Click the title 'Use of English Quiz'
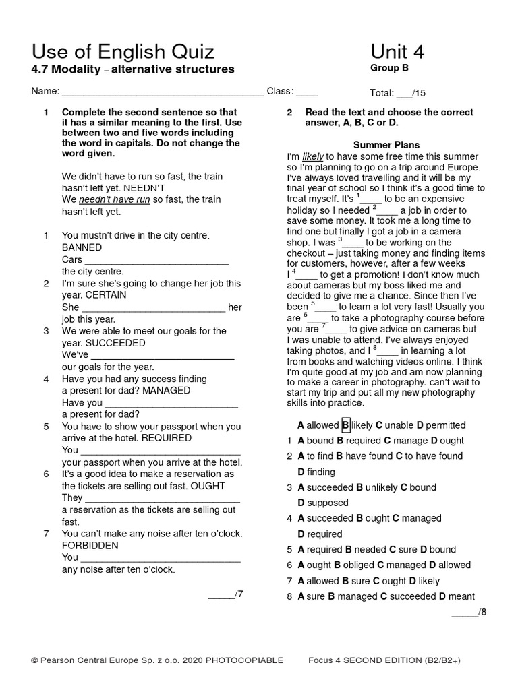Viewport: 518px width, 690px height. pos(123,51)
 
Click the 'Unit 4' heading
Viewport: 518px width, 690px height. pos(397,51)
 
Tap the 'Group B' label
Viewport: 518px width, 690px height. pos(389,67)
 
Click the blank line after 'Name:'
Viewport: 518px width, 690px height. pos(163,92)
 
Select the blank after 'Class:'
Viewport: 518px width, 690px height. pos(307,92)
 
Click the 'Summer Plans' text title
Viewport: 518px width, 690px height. pos(386,145)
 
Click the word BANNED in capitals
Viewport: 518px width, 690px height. pos(82,247)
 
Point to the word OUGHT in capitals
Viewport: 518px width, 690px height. pos(208,485)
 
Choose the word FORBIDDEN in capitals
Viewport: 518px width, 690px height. pos(90,545)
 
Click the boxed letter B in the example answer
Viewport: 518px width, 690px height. pos(345,425)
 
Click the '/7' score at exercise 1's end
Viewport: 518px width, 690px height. pos(226,594)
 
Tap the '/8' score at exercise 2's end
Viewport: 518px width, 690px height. pos(469,612)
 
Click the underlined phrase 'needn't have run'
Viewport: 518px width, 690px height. pos(114,200)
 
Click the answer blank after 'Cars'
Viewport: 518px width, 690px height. pos(156,260)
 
